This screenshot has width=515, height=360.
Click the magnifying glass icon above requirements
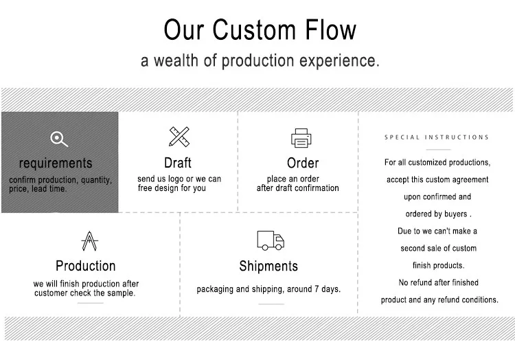(60, 139)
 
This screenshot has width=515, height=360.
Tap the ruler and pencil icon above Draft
(179, 136)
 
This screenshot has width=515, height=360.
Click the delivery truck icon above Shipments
(270, 240)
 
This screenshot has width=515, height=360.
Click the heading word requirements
(56, 164)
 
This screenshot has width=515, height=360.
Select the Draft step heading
(178, 163)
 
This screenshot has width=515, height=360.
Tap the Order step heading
(303, 163)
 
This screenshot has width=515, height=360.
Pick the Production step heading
(86, 266)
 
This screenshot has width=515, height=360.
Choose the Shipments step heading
(268, 266)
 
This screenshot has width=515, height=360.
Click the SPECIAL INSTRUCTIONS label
(437, 137)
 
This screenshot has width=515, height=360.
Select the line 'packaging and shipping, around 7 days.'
(268, 289)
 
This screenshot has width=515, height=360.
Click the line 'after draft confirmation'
(298, 188)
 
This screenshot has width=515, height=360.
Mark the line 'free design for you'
(172, 188)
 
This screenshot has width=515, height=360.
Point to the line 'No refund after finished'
(438, 282)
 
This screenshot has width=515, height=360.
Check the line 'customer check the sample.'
(84, 293)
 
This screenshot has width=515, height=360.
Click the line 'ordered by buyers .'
(437, 214)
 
